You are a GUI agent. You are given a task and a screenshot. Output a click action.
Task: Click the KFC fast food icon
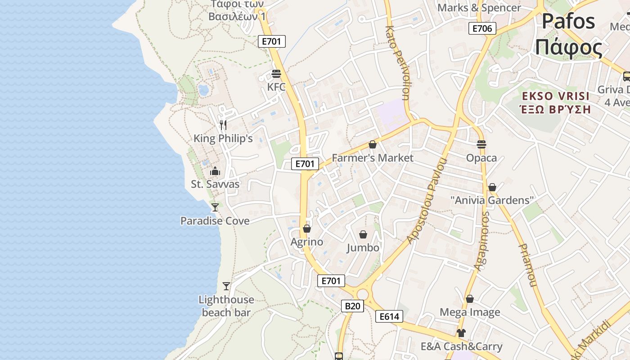[276, 74]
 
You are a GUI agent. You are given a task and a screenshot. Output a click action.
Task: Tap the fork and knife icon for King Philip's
[223, 125]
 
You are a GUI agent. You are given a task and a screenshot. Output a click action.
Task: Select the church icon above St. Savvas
[215, 171]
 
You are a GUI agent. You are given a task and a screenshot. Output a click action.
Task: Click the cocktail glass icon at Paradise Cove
[215, 207]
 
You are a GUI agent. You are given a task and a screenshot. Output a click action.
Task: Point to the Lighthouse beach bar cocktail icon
[226, 286]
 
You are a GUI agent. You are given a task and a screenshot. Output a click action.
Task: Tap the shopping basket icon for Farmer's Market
[372, 144]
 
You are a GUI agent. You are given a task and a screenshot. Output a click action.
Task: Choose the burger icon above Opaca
[481, 144]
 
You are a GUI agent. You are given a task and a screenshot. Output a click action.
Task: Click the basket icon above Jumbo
[363, 234]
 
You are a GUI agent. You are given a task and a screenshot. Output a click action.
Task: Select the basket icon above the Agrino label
[307, 229]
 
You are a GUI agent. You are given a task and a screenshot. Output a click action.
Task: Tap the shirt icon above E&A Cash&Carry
[461, 333]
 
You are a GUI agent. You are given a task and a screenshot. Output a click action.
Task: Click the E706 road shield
[482, 29]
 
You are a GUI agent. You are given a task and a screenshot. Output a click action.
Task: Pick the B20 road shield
[352, 306]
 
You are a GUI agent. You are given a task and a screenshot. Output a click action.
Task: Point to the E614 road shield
[389, 316]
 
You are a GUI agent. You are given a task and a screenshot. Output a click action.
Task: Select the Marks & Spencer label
[479, 8]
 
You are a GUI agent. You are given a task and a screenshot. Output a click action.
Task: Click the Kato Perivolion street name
[397, 63]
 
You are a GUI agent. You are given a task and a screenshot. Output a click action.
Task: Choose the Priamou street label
[527, 265]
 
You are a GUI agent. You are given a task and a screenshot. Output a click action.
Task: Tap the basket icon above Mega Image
[470, 299]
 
